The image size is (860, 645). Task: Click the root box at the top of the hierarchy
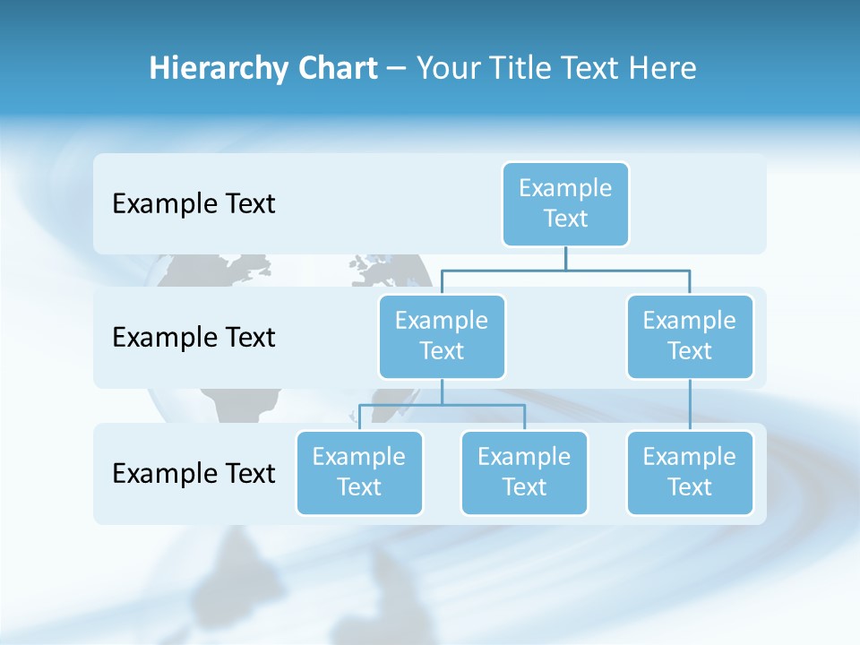click(x=565, y=203)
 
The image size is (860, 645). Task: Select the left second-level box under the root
click(x=442, y=336)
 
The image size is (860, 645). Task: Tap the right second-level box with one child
click(x=690, y=336)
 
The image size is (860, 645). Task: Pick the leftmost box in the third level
click(x=359, y=472)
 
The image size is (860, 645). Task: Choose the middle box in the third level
click(x=524, y=472)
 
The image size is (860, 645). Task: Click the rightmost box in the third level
click(x=690, y=472)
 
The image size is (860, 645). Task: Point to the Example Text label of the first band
click(x=193, y=204)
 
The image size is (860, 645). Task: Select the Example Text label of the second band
click(x=193, y=338)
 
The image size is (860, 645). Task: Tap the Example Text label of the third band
click(x=193, y=473)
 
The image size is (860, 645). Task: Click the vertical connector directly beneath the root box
click(x=565, y=258)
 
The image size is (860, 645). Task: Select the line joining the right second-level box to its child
click(x=690, y=405)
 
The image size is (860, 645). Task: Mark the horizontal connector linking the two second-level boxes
click(x=565, y=270)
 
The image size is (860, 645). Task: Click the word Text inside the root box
click(x=565, y=219)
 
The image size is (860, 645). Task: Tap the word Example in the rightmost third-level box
click(x=690, y=457)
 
